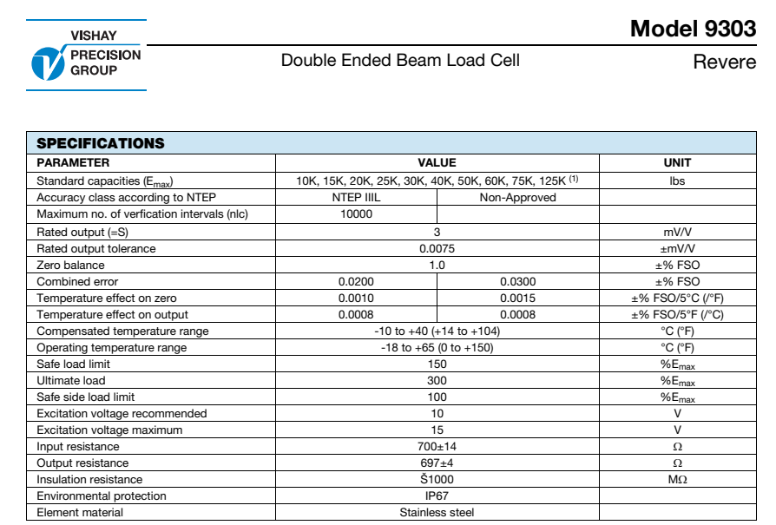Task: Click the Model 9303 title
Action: [693, 29]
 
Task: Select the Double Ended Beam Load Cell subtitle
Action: [400, 60]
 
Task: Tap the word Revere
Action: [724, 63]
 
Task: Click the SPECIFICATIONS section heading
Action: [100, 143]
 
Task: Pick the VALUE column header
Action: [437, 162]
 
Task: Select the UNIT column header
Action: [677, 162]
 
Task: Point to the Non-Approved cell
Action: [517, 197]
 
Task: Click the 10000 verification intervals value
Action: [356, 213]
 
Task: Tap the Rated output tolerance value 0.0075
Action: [437, 248]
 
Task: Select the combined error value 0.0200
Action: [356, 281]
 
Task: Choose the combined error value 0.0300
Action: [517, 281]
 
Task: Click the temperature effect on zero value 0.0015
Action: [517, 298]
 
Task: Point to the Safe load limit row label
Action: [74, 364]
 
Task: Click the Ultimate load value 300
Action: [437, 380]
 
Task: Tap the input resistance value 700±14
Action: [437, 446]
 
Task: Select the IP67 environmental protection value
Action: [437, 495]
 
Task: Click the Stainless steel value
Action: [437, 512]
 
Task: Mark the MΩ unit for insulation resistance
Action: [677, 479]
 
